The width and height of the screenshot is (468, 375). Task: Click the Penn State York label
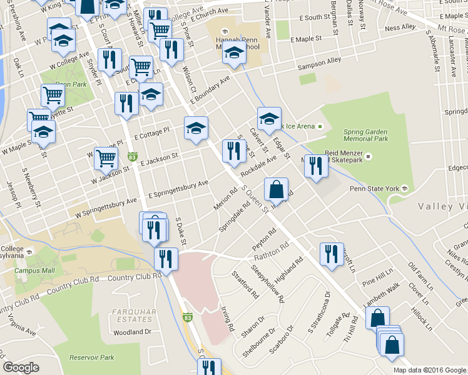[x=374, y=188]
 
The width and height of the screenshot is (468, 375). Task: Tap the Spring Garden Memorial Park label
[x=367, y=134]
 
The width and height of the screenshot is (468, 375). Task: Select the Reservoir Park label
[x=91, y=357]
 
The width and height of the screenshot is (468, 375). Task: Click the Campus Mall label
[x=35, y=271]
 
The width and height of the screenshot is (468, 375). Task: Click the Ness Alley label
[x=400, y=27]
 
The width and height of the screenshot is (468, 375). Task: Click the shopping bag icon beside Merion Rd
[x=276, y=189]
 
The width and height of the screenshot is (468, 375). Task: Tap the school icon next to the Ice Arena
[x=269, y=118]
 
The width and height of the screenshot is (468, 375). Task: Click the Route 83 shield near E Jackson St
[x=132, y=156]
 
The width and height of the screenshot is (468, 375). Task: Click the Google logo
[x=21, y=367]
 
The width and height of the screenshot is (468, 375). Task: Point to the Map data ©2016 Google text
[x=429, y=370]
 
